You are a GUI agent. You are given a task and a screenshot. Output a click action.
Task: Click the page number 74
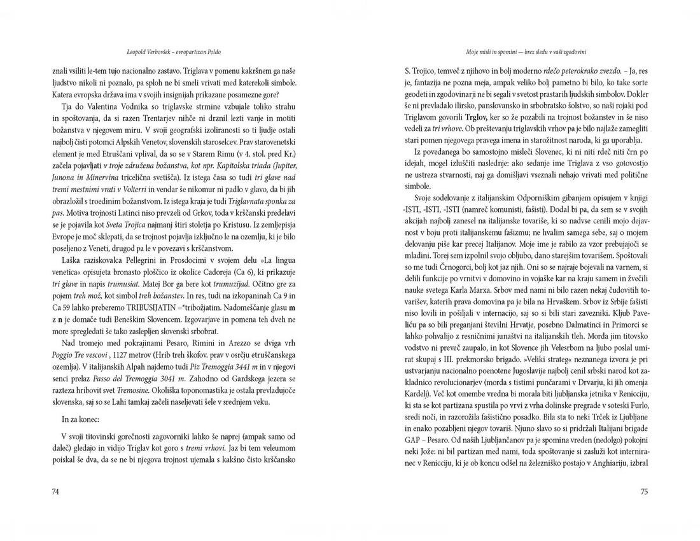click(55, 491)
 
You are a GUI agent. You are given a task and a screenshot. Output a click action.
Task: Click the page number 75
click(643, 491)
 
